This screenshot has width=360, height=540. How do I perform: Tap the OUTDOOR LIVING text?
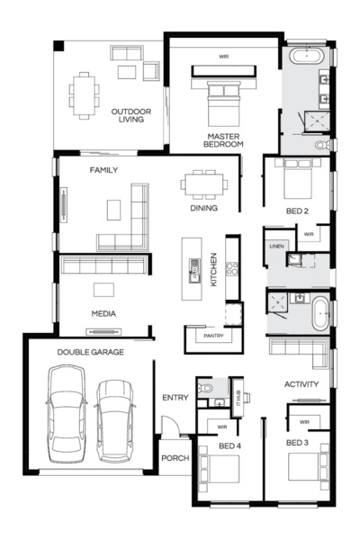tap(130, 116)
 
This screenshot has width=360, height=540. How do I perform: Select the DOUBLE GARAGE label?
tap(91, 352)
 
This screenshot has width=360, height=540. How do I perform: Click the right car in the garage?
tap(114, 418)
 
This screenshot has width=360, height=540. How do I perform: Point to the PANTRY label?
tap(213, 336)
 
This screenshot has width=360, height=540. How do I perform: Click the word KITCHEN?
tap(214, 268)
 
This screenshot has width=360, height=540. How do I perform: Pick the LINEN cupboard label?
tap(276, 245)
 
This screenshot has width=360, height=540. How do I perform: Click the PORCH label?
tap(175, 458)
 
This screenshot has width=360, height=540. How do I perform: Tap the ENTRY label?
tap(175, 397)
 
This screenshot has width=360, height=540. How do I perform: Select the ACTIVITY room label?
tap(301, 384)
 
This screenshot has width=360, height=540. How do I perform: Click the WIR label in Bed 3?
tap(304, 420)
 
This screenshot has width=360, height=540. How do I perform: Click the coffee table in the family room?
tap(112, 209)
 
